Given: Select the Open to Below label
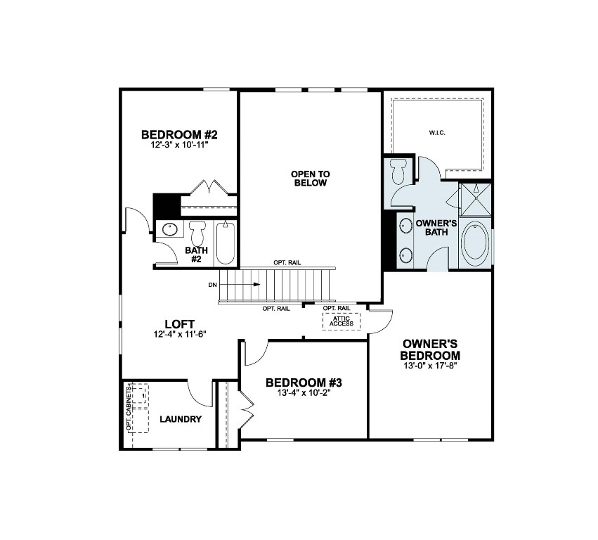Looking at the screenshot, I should [x=310, y=178].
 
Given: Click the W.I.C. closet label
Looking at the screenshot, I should [x=438, y=132].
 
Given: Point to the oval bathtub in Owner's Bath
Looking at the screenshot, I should [x=476, y=244].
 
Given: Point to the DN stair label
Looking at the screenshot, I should [x=212, y=285].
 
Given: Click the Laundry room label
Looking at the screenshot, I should [x=181, y=420].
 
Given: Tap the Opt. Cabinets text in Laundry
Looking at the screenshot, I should [x=129, y=408].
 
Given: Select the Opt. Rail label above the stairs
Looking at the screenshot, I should [x=287, y=262].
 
